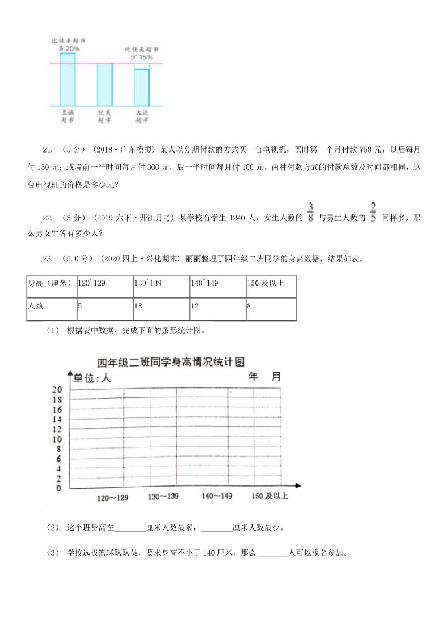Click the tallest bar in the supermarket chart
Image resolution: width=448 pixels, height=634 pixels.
click(x=68, y=80)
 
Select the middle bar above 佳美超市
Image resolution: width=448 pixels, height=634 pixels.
click(x=105, y=85)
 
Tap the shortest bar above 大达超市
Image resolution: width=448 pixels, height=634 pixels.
click(x=142, y=87)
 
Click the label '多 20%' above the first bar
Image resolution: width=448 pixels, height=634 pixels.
click(x=69, y=48)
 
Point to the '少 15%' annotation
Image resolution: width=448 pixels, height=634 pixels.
click(x=142, y=57)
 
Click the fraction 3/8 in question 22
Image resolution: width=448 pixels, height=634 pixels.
click(x=310, y=212)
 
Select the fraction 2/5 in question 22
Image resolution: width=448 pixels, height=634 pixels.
click(x=373, y=212)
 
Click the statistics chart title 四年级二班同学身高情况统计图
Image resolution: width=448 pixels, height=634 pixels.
click(x=171, y=362)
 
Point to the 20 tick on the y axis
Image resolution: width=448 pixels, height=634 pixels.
click(x=57, y=390)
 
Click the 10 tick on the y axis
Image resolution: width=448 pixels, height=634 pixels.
click(x=57, y=439)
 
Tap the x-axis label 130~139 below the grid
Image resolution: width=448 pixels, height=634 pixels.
click(x=163, y=497)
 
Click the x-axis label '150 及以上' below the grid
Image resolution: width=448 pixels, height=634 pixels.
click(x=270, y=496)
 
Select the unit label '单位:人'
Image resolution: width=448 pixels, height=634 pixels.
click(x=92, y=378)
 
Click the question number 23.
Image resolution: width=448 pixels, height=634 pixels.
click(x=48, y=258)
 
